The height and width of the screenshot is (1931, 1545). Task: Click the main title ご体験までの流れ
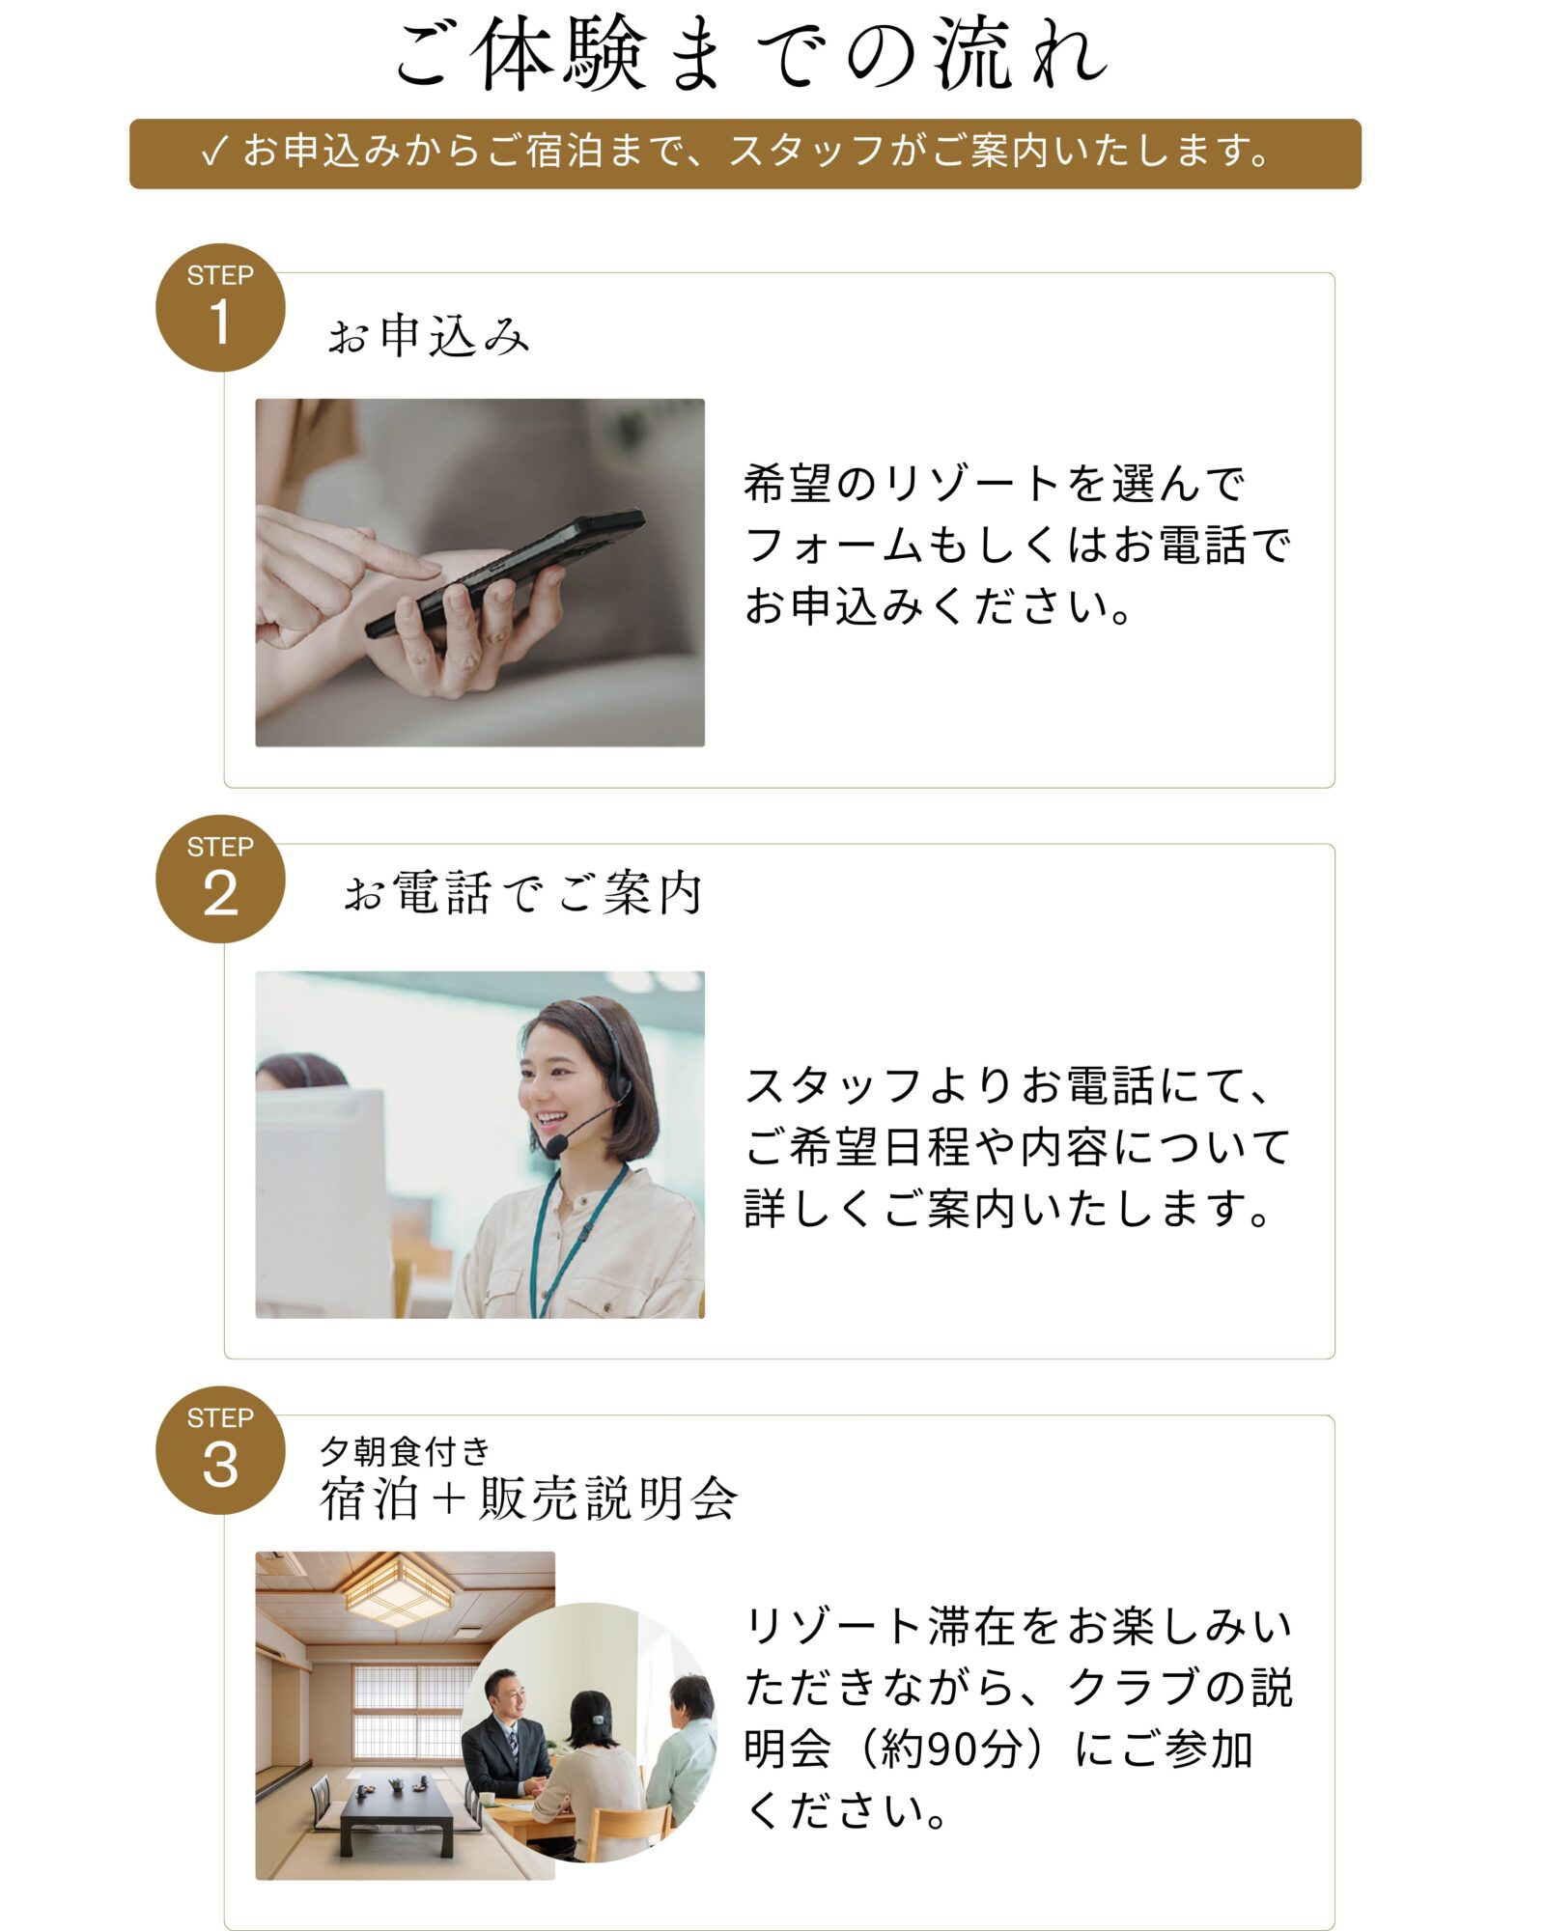pos(752,55)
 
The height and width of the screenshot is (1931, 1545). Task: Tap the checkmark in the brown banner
pos(213,152)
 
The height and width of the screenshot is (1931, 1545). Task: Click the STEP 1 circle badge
pos(220,307)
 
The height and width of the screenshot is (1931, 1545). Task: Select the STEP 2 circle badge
pos(220,879)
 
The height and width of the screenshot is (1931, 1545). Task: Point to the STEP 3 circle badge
pos(220,1450)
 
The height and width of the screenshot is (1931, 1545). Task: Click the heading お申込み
pos(429,337)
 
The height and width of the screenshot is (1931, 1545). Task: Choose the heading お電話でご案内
pos(522,892)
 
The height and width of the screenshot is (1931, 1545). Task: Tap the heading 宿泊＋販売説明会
pos(528,1499)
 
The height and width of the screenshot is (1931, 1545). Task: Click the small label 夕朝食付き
pos(405,1450)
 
